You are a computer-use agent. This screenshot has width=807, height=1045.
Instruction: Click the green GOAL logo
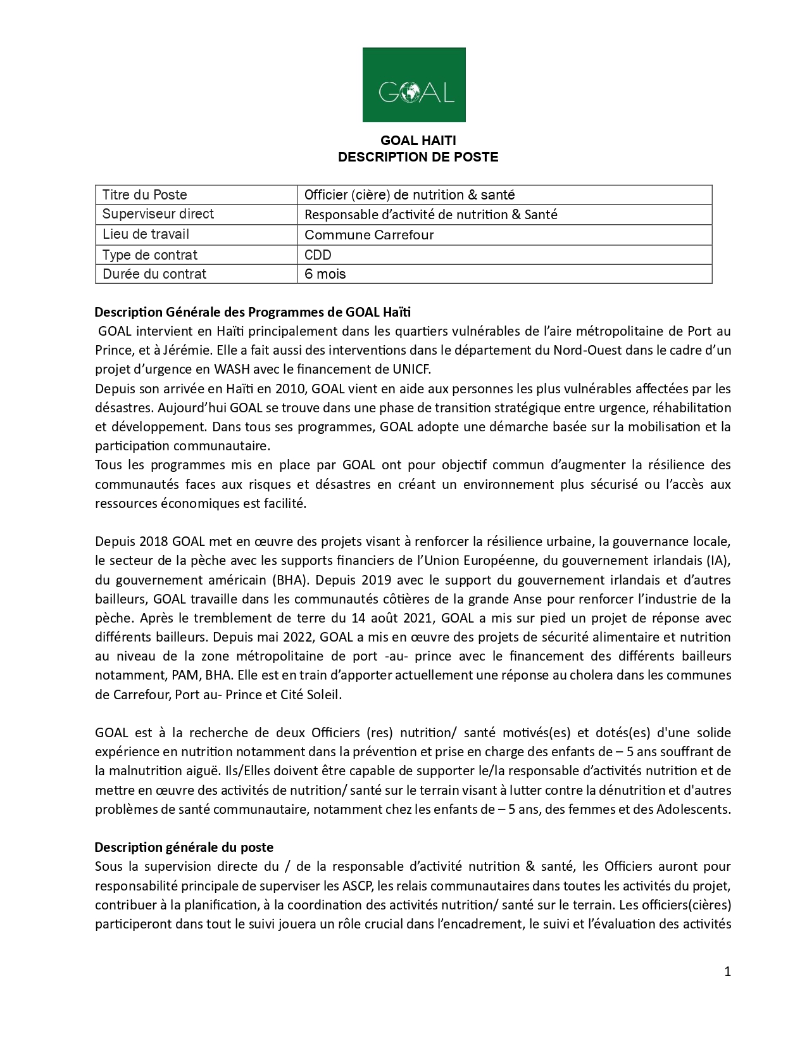(414, 85)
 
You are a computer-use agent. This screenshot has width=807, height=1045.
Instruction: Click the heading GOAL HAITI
(418, 141)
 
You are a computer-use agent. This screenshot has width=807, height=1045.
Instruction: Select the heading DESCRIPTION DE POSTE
(418, 157)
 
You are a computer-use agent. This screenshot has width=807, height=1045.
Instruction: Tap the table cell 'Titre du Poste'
(145, 195)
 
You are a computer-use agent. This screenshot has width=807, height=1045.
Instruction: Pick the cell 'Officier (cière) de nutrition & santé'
(410, 195)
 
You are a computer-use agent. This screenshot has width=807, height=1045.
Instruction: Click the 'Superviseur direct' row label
(158, 214)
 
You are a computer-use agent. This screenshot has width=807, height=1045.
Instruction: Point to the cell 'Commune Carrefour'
(369, 235)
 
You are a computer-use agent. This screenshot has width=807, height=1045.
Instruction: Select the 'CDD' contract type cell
(318, 255)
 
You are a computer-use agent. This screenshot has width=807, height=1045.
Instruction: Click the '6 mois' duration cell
(325, 274)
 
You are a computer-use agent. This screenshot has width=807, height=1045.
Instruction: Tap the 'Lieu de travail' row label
(146, 234)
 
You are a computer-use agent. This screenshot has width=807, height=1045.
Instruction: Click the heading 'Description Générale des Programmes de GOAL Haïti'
(253, 312)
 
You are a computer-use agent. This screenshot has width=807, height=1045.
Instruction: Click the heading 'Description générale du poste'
(184, 847)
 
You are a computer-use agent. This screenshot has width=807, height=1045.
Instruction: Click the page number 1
(727, 972)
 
